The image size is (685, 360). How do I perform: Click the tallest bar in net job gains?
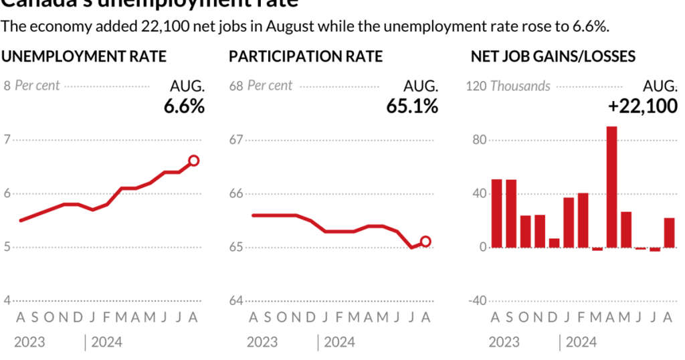(x=611, y=187)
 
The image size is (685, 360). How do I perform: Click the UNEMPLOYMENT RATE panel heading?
(x=84, y=56)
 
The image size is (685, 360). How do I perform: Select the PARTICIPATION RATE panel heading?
(x=306, y=56)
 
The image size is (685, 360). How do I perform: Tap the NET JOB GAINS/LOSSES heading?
(x=553, y=56)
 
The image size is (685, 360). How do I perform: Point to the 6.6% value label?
(x=184, y=106)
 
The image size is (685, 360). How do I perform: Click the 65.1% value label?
(x=412, y=106)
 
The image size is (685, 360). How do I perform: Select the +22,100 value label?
(x=642, y=106)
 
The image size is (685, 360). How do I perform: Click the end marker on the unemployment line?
(x=194, y=160)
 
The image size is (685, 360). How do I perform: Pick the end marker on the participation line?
(x=425, y=242)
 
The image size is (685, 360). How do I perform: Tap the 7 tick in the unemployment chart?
(x=7, y=140)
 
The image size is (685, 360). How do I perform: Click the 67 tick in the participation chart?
(x=236, y=140)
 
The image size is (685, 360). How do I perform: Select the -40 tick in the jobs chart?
(x=476, y=301)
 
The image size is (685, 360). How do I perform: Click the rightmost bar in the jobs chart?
(x=669, y=233)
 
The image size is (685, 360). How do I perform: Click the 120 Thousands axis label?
(x=508, y=86)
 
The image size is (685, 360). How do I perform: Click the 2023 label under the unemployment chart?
(x=29, y=343)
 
